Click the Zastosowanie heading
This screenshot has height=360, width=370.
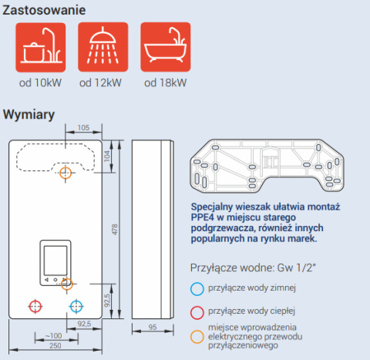tap(44, 10)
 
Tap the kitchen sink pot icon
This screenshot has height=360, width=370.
tap(41, 47)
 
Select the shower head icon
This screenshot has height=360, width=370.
tap(103, 47)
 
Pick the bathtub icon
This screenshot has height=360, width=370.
tap(166, 47)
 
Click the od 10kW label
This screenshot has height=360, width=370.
tap(40, 82)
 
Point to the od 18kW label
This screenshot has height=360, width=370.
tap(165, 82)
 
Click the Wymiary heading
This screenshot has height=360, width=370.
tap(29, 115)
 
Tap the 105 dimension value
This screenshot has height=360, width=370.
tap(83, 128)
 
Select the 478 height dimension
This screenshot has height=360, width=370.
tap(115, 229)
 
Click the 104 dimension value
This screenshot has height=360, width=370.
tap(107, 156)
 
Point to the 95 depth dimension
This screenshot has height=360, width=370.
tap(153, 327)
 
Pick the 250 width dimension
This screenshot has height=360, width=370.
tap(55, 345)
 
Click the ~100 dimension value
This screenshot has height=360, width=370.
tap(53, 335)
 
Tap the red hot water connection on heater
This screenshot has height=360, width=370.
tap(35, 306)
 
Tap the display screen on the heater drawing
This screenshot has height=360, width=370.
tap(55, 261)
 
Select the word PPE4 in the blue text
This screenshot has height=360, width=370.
tap(202, 217)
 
